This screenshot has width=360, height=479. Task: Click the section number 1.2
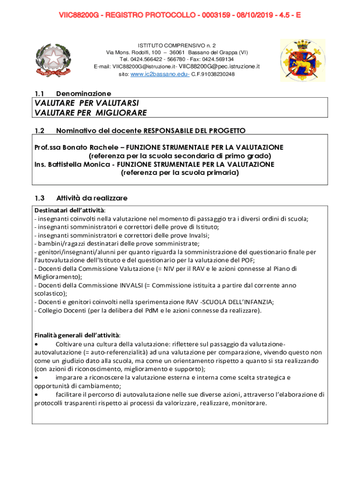tap(39, 130)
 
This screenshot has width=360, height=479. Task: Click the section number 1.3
tap(39, 198)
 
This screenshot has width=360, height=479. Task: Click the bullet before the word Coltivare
tap(37, 344)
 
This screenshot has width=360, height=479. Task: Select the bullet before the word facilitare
tap(37, 394)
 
